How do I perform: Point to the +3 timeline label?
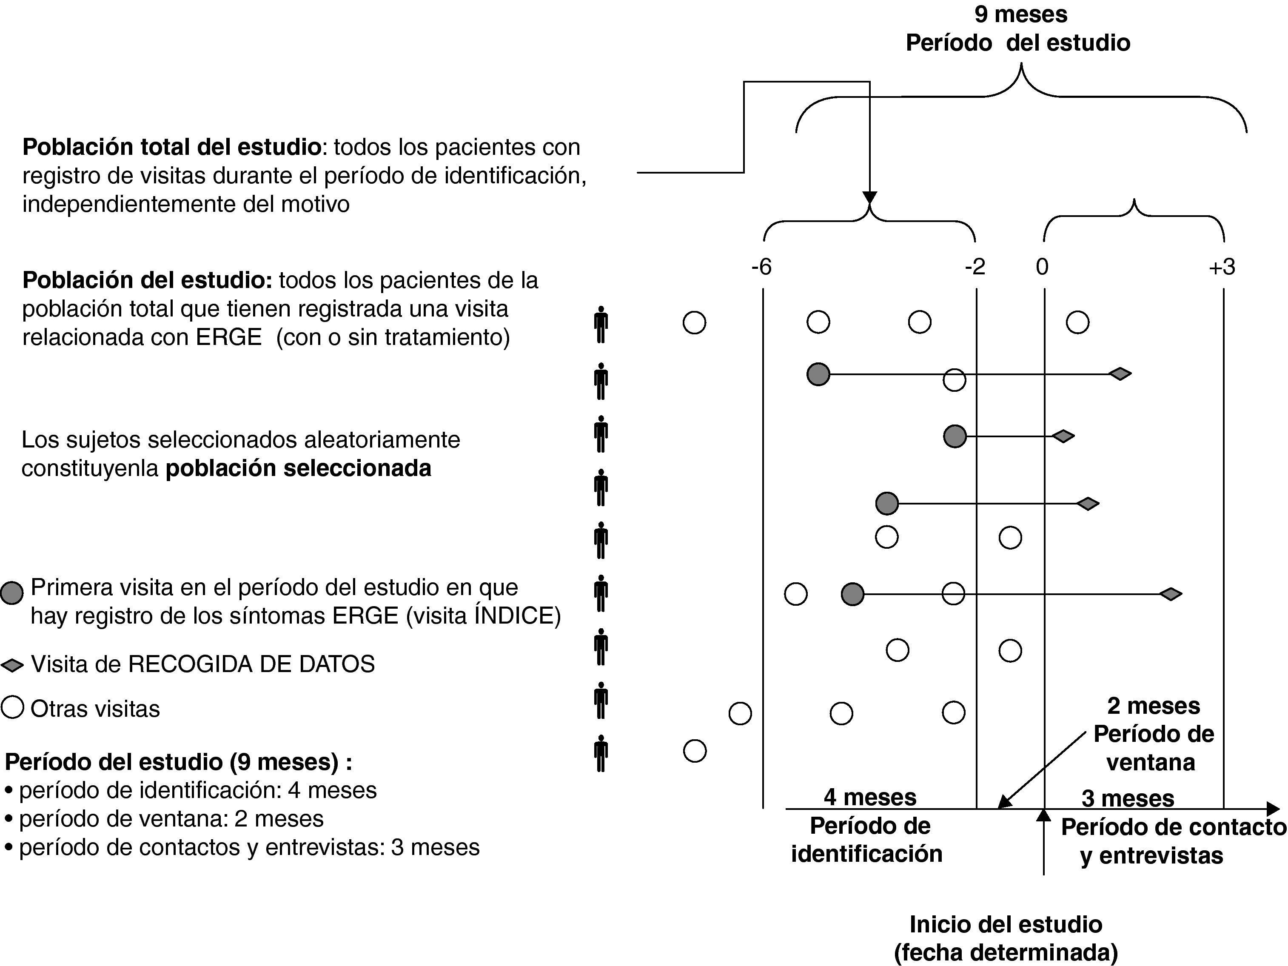(x=1222, y=267)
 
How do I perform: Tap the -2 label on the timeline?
(x=975, y=267)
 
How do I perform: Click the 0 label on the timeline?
(x=1042, y=267)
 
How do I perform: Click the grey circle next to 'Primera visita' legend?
(x=11, y=593)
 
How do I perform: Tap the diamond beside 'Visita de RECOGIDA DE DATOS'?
(x=11, y=665)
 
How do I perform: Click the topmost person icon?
(x=601, y=324)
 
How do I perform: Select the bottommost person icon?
(x=601, y=753)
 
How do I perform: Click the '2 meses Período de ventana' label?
(x=1153, y=734)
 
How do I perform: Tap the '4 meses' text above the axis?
(x=870, y=797)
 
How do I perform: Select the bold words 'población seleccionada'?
(x=298, y=468)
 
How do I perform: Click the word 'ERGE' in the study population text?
(x=229, y=337)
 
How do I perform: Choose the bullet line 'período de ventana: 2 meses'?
(x=171, y=819)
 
